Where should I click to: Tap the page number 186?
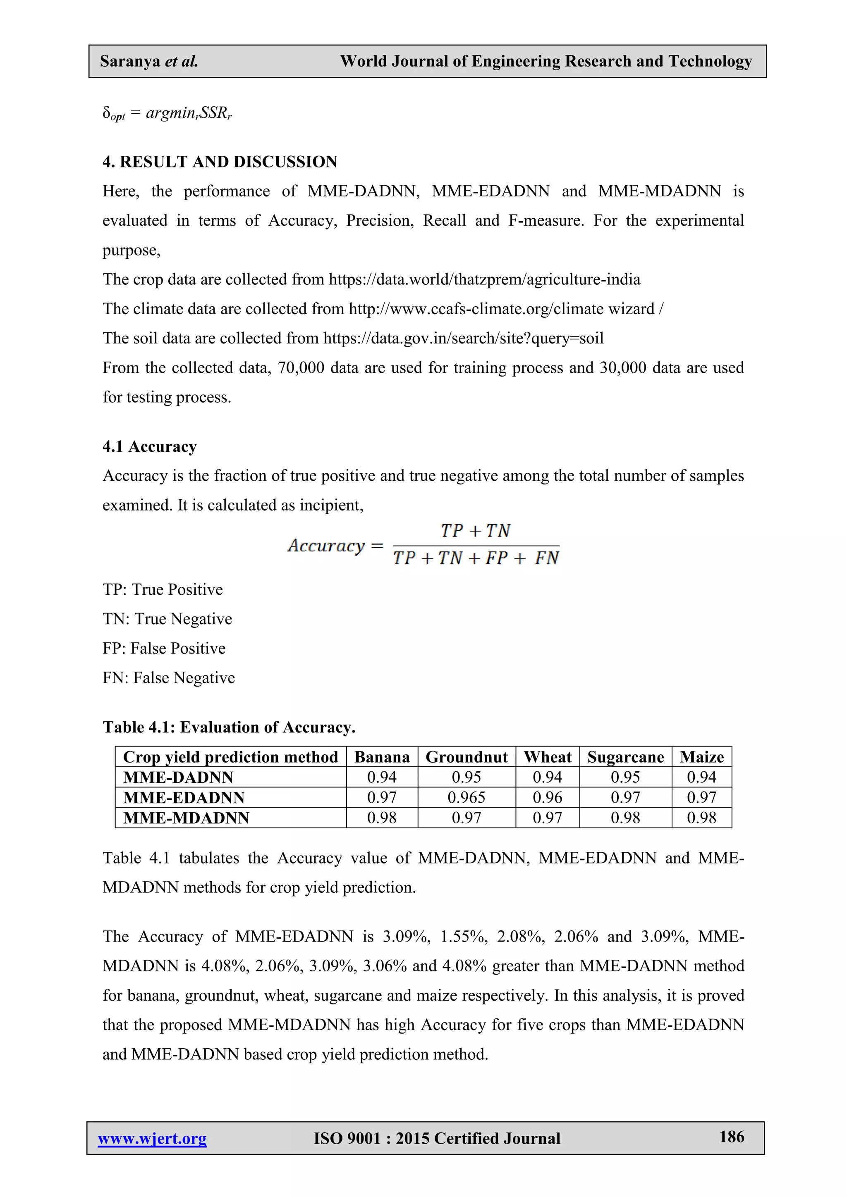tap(731, 1137)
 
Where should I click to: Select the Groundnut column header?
tap(466, 756)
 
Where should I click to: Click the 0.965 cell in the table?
tap(466, 797)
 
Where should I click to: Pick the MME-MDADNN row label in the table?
tap(186, 818)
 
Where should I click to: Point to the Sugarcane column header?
tap(625, 756)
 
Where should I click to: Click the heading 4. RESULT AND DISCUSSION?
tap(220, 162)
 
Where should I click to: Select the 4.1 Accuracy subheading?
tap(150, 446)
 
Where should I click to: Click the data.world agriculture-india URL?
tap(484, 279)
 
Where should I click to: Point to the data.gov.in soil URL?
tap(463, 339)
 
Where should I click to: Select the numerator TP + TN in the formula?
tap(475, 531)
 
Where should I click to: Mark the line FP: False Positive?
tap(164, 648)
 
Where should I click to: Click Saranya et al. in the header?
tap(149, 62)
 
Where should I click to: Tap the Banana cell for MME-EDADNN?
tap(382, 797)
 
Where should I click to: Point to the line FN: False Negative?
tap(168, 678)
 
